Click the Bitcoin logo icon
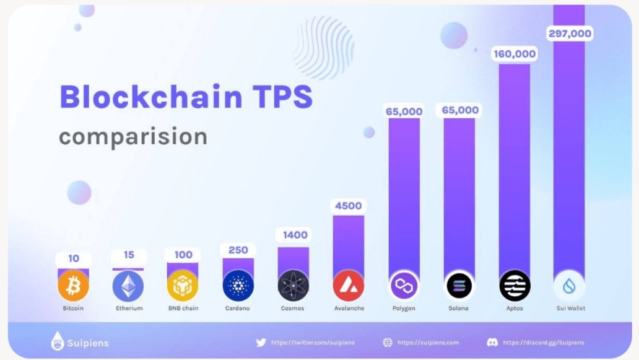73,286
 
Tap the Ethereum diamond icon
128,286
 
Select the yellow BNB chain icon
183,286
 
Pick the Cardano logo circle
238,286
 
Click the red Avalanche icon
349,286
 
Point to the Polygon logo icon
404,286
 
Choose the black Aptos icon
515,286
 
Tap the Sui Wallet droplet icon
569,286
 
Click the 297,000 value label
570,33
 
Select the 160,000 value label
515,54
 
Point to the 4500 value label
349,206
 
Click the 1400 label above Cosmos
293,235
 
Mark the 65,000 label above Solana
459,111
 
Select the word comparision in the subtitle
133,137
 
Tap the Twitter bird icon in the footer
261,342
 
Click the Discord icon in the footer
493,342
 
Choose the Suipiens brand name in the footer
87,343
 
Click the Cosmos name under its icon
293,309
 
